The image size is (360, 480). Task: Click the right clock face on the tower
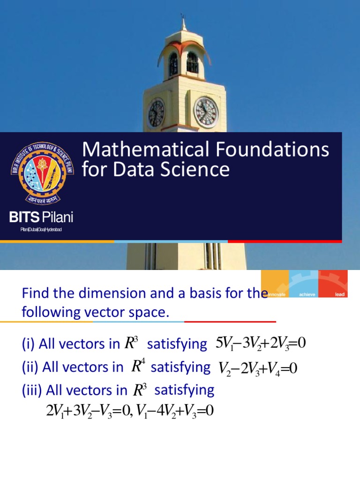[206, 112]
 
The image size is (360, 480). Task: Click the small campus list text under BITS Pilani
[41, 229]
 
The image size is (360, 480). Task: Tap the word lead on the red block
[340, 295]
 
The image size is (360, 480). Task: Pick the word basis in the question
[210, 294]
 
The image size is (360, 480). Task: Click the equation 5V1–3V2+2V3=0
[260, 344]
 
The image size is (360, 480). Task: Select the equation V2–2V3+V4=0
[258, 368]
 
